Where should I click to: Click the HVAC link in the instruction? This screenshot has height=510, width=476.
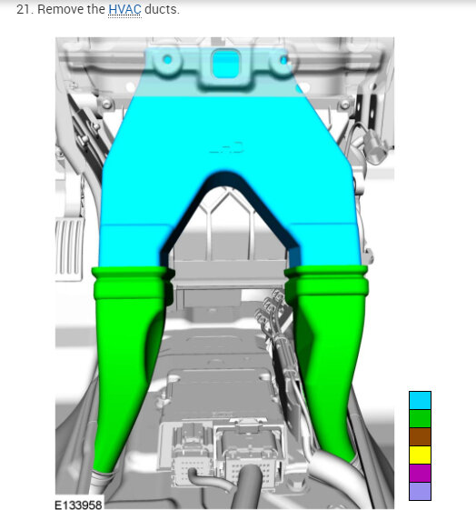[124, 9]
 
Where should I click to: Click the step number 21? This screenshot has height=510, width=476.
[25, 9]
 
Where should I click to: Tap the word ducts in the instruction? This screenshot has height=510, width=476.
[162, 9]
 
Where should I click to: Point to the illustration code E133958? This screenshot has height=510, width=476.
[78, 505]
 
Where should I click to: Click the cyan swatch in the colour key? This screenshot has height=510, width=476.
[420, 400]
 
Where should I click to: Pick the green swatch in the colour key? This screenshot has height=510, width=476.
[420, 418]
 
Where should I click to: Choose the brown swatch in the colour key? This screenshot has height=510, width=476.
[420, 436]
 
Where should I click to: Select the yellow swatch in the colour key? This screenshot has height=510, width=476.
[420, 455]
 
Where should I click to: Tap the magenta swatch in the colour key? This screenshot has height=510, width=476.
[420, 473]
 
